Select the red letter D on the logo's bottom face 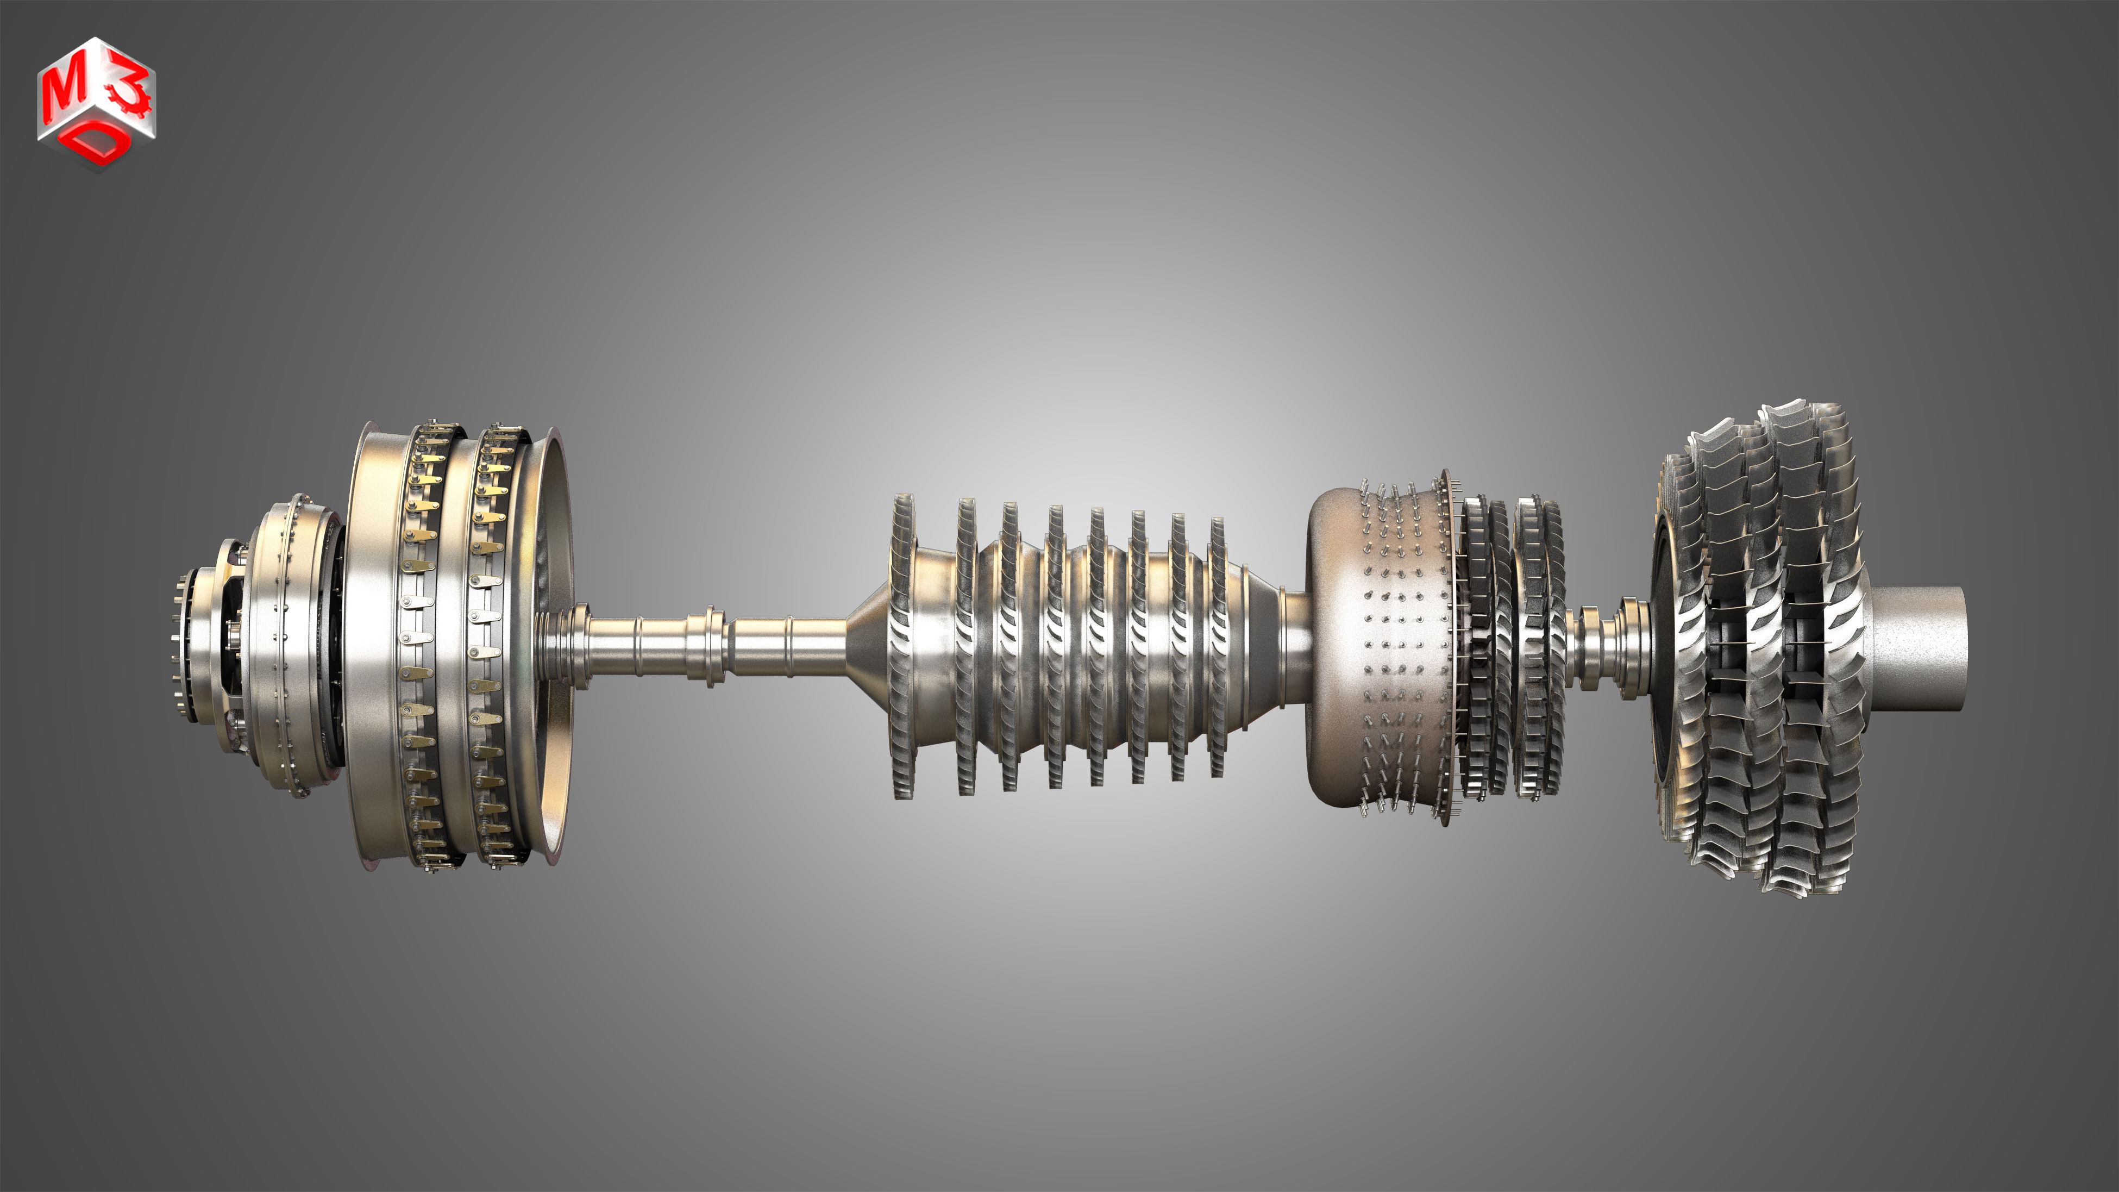click(x=97, y=146)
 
